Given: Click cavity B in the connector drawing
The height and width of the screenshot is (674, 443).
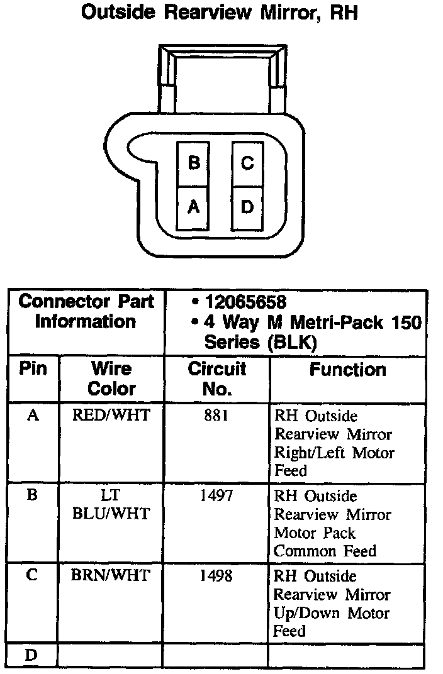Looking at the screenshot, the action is (x=194, y=163).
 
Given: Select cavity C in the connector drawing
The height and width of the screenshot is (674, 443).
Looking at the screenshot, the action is (x=247, y=163).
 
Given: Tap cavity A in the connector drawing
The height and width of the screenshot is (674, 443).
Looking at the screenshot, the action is (x=194, y=207).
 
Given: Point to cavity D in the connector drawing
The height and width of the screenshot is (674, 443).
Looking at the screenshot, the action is (x=247, y=207).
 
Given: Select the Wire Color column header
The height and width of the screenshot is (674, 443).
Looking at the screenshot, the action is (x=111, y=378).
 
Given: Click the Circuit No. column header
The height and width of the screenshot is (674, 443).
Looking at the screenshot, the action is (x=217, y=378).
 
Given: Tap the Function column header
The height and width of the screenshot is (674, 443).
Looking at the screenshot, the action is (x=347, y=370).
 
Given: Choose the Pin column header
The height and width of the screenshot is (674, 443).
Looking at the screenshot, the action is (x=33, y=368).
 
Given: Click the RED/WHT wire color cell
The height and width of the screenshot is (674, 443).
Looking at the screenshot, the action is (x=111, y=416).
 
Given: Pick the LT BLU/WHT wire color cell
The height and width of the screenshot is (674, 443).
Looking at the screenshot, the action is (x=111, y=505).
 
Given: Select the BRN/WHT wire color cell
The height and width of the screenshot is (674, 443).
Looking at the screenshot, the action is (x=111, y=576).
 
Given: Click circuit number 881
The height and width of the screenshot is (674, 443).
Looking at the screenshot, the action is (x=216, y=416).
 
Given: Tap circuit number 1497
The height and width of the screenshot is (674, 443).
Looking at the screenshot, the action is (x=216, y=496).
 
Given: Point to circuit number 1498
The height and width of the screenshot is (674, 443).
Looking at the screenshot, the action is (x=216, y=576).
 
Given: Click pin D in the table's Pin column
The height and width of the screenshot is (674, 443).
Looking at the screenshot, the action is (x=31, y=655).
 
